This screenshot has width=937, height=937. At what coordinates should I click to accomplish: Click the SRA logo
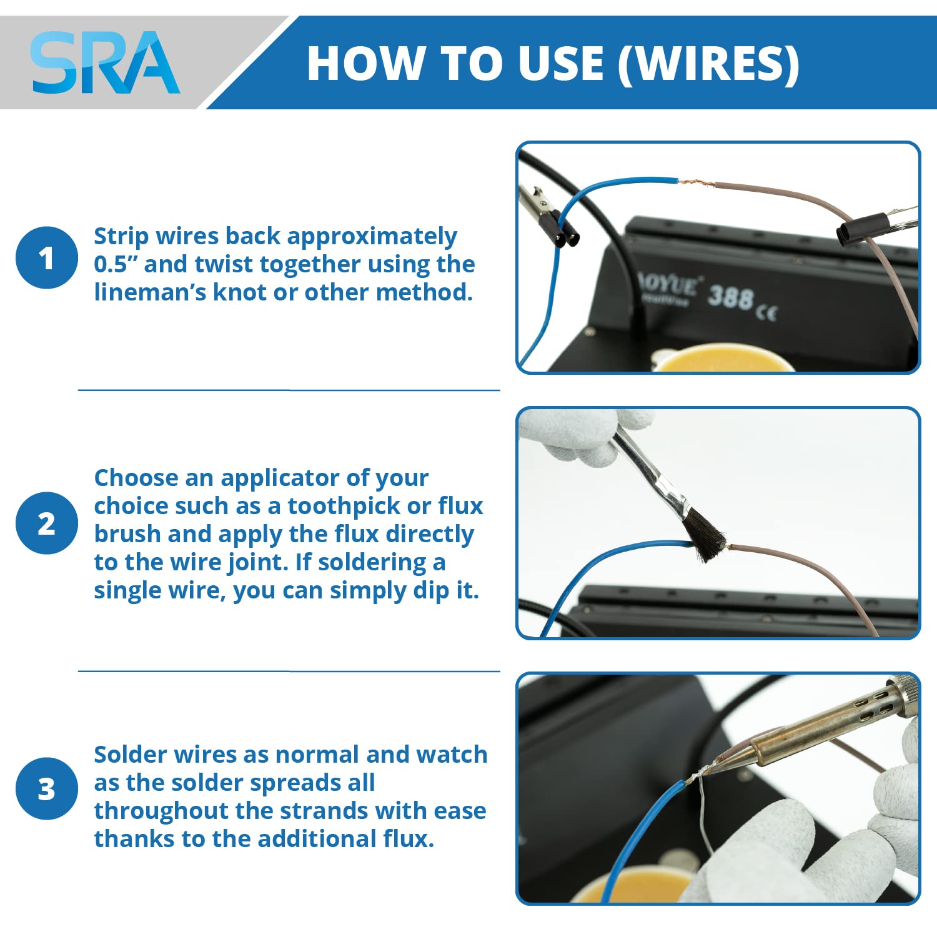click(105, 62)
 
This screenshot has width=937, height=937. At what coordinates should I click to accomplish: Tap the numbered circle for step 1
click(47, 257)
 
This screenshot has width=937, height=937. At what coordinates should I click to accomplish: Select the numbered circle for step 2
click(47, 523)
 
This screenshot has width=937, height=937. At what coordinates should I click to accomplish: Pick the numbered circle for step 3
click(47, 788)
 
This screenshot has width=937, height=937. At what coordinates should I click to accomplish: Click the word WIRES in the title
click(709, 63)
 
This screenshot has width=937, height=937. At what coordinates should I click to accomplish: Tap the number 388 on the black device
click(730, 296)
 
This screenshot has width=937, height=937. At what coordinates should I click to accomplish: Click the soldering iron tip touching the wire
click(717, 763)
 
